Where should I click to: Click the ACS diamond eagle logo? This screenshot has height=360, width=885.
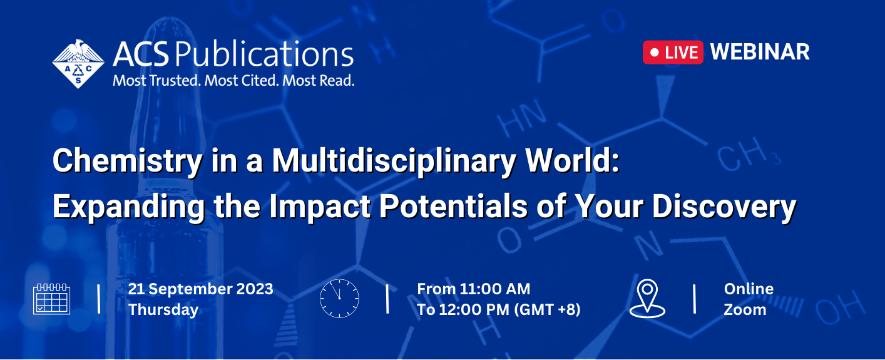[x=78, y=64]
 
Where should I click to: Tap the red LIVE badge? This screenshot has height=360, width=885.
[x=673, y=52]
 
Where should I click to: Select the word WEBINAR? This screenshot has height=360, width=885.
[x=760, y=52]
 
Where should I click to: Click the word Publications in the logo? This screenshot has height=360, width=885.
[x=264, y=54]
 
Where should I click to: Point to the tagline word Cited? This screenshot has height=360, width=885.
[x=260, y=81]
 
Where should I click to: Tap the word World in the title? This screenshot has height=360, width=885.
[x=568, y=160]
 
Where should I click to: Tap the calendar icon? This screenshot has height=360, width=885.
[x=52, y=299]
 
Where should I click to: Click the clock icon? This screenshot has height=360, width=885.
[x=339, y=299]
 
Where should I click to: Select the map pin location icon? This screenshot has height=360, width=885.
[x=647, y=299]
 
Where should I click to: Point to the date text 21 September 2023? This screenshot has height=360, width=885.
[x=201, y=289]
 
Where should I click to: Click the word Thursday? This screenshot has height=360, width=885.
[x=163, y=309]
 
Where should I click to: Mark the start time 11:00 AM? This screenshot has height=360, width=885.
[x=495, y=289]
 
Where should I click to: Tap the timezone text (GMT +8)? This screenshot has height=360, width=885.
[x=547, y=309]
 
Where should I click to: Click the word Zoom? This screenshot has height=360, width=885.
[x=745, y=309]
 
